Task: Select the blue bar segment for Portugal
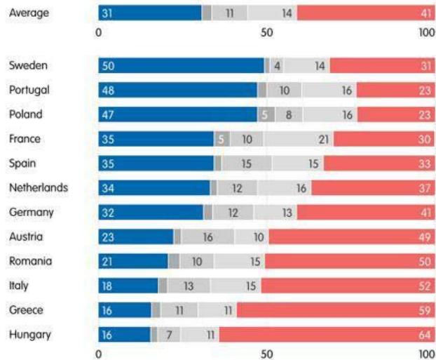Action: pos(178,90)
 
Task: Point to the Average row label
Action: pos(29,12)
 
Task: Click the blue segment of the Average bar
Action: pos(149,13)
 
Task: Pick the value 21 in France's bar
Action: pos(323,139)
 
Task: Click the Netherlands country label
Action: pos(39,187)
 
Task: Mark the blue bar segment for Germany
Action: pos(151,212)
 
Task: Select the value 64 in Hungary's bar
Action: pos(424,335)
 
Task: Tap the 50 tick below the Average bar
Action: pos(266,32)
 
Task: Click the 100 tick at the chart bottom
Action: pos(426,354)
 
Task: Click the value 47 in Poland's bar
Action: pos(109,114)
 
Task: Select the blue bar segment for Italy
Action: pos(128,286)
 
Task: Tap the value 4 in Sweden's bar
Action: pos(278,65)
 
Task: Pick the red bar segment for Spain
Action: pos(379,164)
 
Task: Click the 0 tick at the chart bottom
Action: pos(98,354)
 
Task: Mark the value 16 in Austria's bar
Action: pos(207,236)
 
